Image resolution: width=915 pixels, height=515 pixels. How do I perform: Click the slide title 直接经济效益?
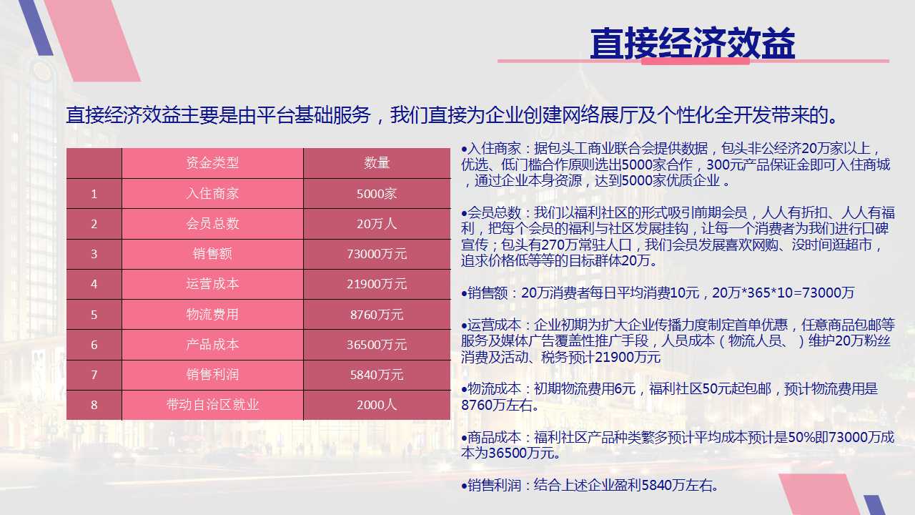pyautogui.click(x=693, y=44)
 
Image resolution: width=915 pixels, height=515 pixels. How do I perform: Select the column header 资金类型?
pyautogui.click(x=212, y=162)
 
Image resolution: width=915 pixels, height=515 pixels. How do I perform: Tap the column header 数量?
pyautogui.click(x=377, y=162)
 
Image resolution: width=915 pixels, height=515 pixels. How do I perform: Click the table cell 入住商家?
pyautogui.click(x=212, y=193)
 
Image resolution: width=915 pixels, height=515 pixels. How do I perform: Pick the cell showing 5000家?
pyautogui.click(x=377, y=193)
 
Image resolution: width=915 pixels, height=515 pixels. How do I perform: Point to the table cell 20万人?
pyautogui.click(x=377, y=224)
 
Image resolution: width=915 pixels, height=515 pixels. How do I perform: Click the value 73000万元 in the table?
pyautogui.click(x=377, y=254)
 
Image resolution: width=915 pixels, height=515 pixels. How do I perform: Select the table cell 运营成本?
pyautogui.click(x=212, y=284)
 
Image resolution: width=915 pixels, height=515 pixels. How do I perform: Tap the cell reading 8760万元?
pyautogui.click(x=377, y=314)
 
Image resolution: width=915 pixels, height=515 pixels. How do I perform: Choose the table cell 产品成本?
pyautogui.click(x=212, y=344)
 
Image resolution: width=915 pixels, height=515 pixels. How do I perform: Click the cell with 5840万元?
pyautogui.click(x=377, y=374)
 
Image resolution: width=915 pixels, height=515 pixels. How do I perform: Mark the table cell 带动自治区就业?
pyautogui.click(x=212, y=405)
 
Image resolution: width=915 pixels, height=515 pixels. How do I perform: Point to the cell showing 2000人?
pyautogui.click(x=377, y=405)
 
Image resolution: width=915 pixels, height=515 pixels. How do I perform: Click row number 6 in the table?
pyautogui.click(x=94, y=345)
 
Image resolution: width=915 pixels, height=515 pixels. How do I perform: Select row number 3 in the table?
pyautogui.click(x=94, y=254)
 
